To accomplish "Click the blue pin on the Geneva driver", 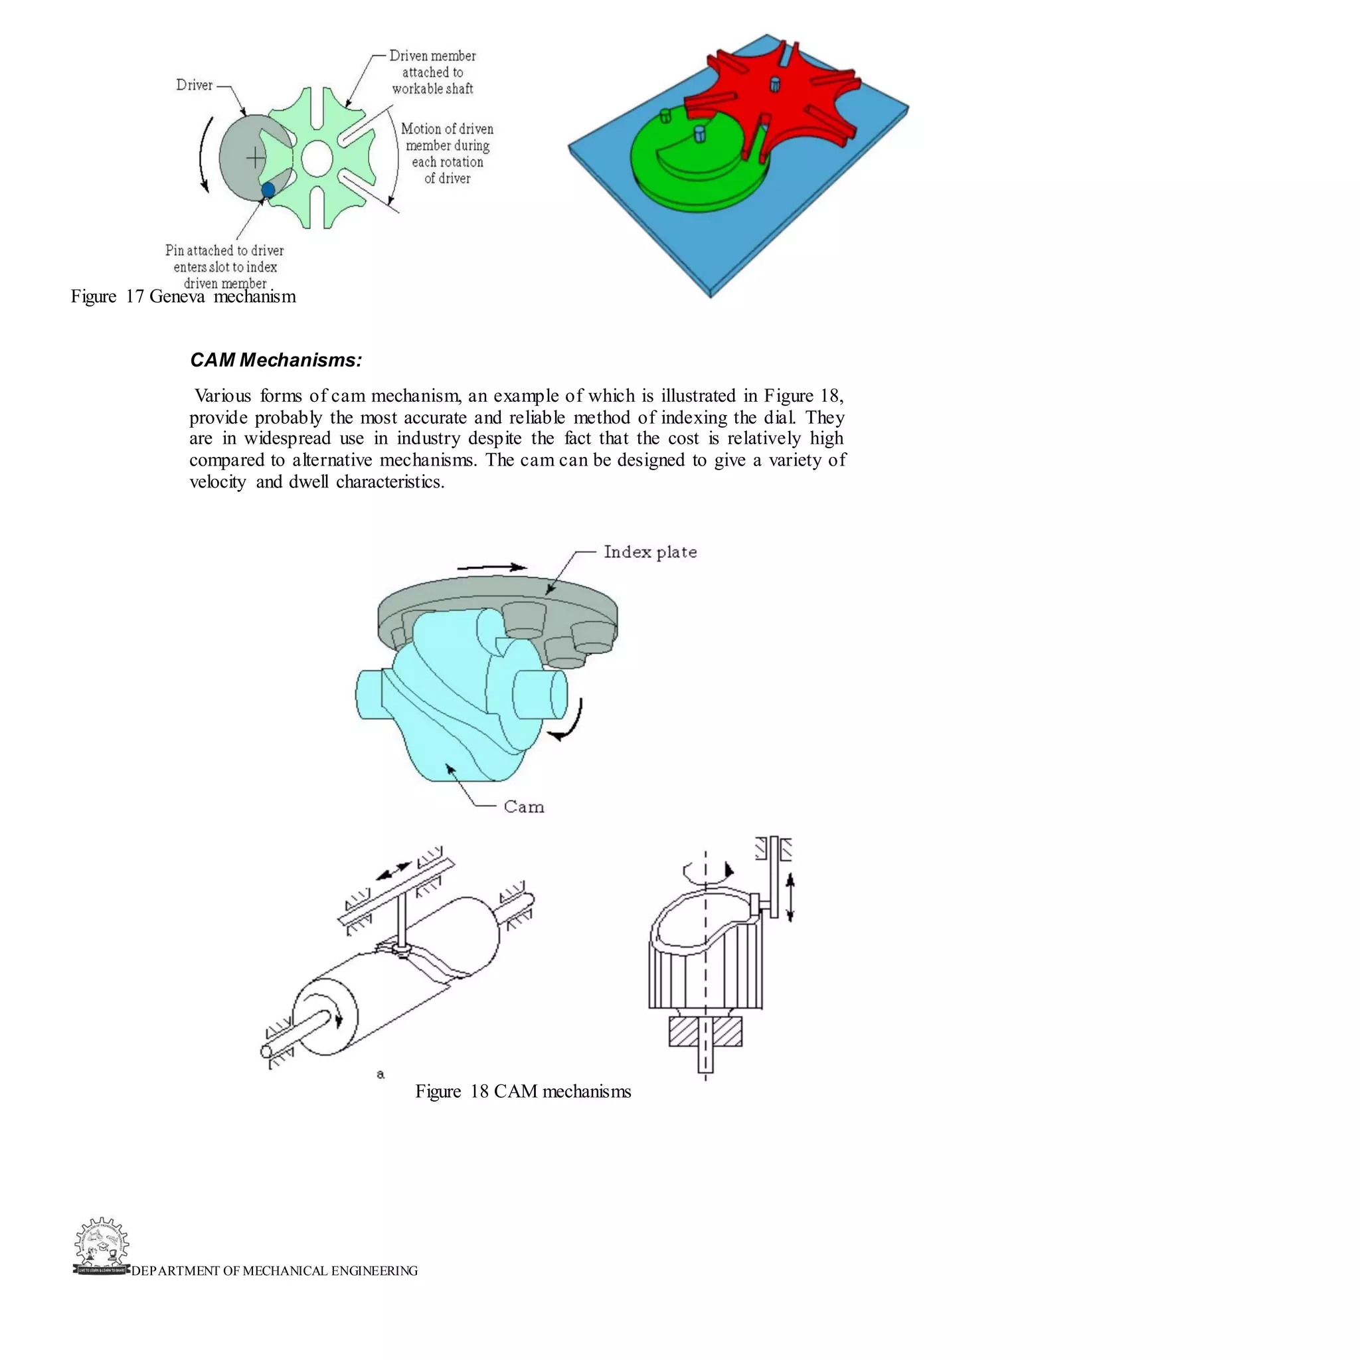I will [268, 189].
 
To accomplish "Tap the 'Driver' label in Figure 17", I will [195, 85].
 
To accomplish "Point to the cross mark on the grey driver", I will [256, 157].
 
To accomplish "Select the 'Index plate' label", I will [649, 552].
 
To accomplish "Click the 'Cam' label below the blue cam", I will [524, 807].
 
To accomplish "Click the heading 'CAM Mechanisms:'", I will [276, 361].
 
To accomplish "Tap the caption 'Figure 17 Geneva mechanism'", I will [183, 296].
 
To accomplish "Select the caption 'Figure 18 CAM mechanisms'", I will [523, 1092].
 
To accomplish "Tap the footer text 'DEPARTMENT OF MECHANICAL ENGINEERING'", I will [274, 1270].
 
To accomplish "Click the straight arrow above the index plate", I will [491, 566].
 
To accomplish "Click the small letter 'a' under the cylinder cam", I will [380, 1074].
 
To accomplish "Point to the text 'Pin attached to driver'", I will [224, 250].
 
